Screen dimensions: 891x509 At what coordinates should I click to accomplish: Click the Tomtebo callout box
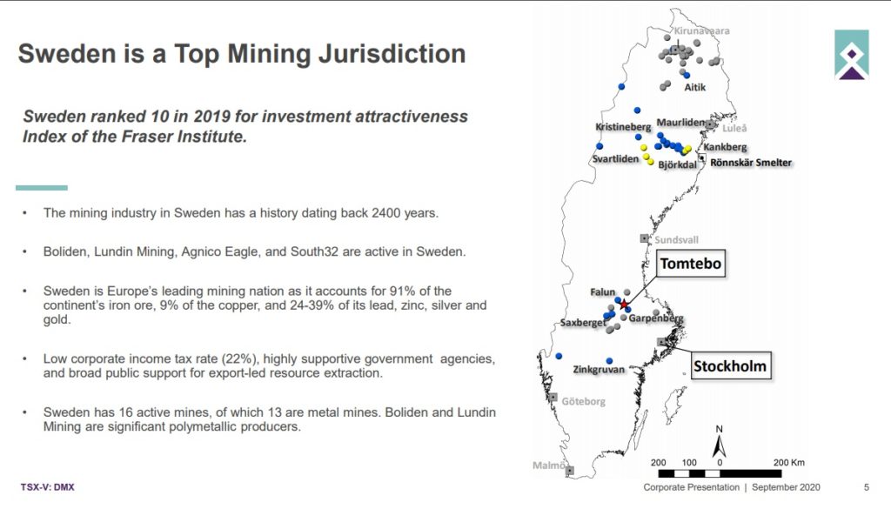pos(691,264)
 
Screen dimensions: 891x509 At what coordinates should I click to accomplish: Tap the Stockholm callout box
pos(730,365)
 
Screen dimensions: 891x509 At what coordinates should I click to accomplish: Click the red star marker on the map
pos(624,305)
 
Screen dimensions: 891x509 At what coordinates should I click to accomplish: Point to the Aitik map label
pos(695,87)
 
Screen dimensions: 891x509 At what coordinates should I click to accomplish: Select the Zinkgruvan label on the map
pos(599,369)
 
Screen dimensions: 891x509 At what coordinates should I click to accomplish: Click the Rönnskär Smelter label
pos(751,163)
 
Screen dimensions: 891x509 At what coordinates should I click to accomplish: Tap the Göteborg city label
pos(584,401)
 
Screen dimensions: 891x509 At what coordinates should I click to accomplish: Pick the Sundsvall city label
pos(676,240)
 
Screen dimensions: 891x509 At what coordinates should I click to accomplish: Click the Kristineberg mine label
pos(623,127)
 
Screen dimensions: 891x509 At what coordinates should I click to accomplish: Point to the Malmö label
pos(548,465)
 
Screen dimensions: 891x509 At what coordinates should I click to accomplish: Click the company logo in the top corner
pos(851,55)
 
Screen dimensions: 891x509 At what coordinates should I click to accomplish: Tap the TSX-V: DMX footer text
pos(48,487)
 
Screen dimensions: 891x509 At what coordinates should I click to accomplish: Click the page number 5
pos(867,487)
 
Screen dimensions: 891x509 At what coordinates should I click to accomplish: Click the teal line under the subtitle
pos(42,187)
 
